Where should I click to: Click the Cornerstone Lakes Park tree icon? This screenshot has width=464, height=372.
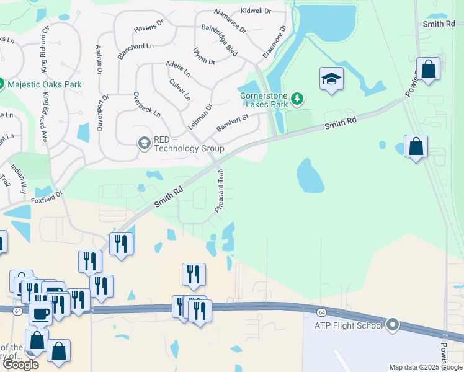point(298,99)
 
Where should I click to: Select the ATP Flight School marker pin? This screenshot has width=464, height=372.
point(392,324)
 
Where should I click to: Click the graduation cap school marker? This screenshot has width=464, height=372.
point(332,79)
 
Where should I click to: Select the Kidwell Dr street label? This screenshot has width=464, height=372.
point(260,11)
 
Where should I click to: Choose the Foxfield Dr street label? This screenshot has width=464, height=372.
point(48,197)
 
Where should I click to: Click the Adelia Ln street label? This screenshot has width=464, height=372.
point(178,68)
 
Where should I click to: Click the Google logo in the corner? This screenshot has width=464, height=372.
point(20,365)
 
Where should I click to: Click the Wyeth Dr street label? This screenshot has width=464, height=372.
point(203,56)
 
